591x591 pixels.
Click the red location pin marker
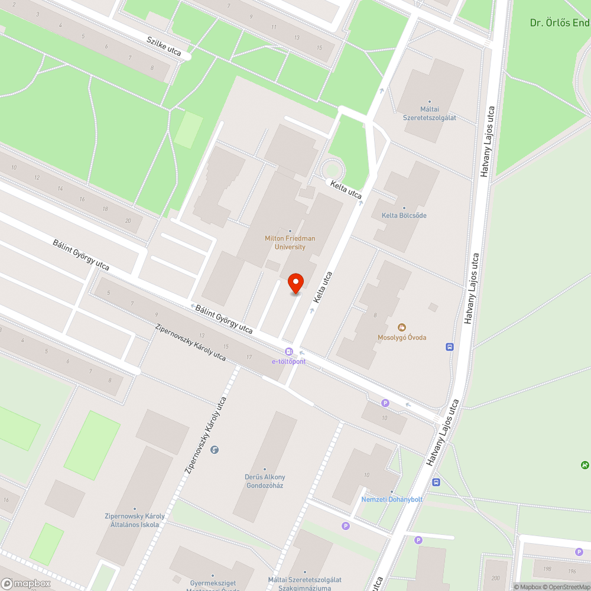click(295, 284)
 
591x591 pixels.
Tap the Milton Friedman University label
click(290, 242)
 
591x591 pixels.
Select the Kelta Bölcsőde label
click(404, 215)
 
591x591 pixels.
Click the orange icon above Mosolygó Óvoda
click(402, 327)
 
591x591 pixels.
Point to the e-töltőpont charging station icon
click(288, 352)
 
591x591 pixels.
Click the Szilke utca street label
click(164, 45)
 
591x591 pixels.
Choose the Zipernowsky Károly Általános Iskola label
click(135, 520)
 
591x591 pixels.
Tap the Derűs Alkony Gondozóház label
click(265, 481)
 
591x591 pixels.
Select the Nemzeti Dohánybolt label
click(392, 499)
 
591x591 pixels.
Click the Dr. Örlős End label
click(559, 23)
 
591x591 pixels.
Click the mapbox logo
click(26, 583)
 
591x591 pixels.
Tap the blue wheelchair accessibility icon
click(214, 450)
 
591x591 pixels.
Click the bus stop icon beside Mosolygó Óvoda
click(450, 346)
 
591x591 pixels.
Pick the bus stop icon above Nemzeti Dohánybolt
click(436, 482)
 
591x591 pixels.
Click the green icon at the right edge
click(584, 465)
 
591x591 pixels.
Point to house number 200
click(495, 577)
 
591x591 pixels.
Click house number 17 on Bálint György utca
click(249, 357)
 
